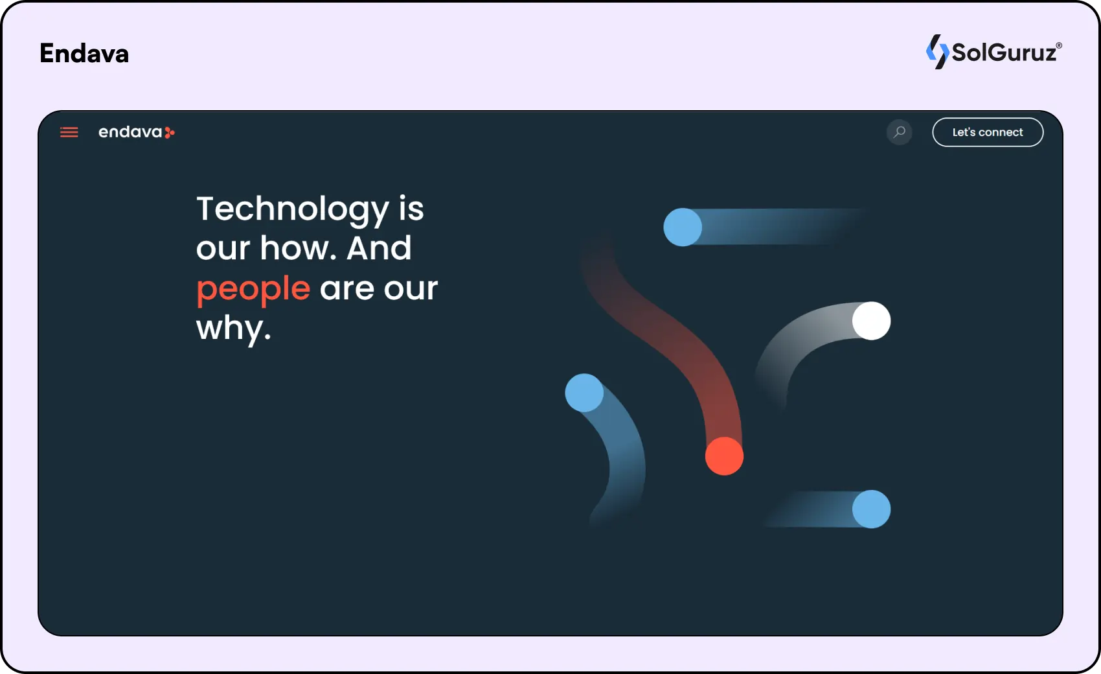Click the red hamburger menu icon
pyautogui.click(x=69, y=132)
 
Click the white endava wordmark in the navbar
pyautogui.click(x=130, y=132)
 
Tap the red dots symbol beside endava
pyautogui.click(x=170, y=132)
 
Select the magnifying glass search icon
pyautogui.click(x=900, y=132)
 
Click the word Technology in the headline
pyautogui.click(x=293, y=210)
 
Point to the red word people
pyautogui.click(x=253, y=290)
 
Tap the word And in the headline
pyautogui.click(x=379, y=248)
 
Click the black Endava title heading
pyautogui.click(x=84, y=53)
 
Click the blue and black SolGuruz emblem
pyautogui.click(x=937, y=52)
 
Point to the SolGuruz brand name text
pyautogui.click(x=1004, y=52)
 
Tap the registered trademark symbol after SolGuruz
pyautogui.click(x=1059, y=46)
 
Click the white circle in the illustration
pyautogui.click(x=872, y=321)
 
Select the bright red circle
pyautogui.click(x=724, y=456)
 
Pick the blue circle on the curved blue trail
pyautogui.click(x=584, y=393)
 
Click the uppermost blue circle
pyautogui.click(x=683, y=227)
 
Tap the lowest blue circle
pyautogui.click(x=872, y=509)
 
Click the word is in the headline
pyautogui.click(x=411, y=209)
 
